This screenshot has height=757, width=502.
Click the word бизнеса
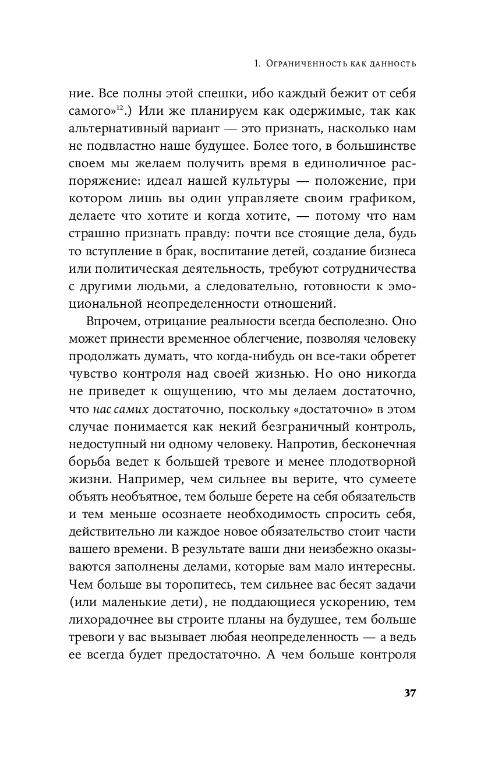tap(387, 252)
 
